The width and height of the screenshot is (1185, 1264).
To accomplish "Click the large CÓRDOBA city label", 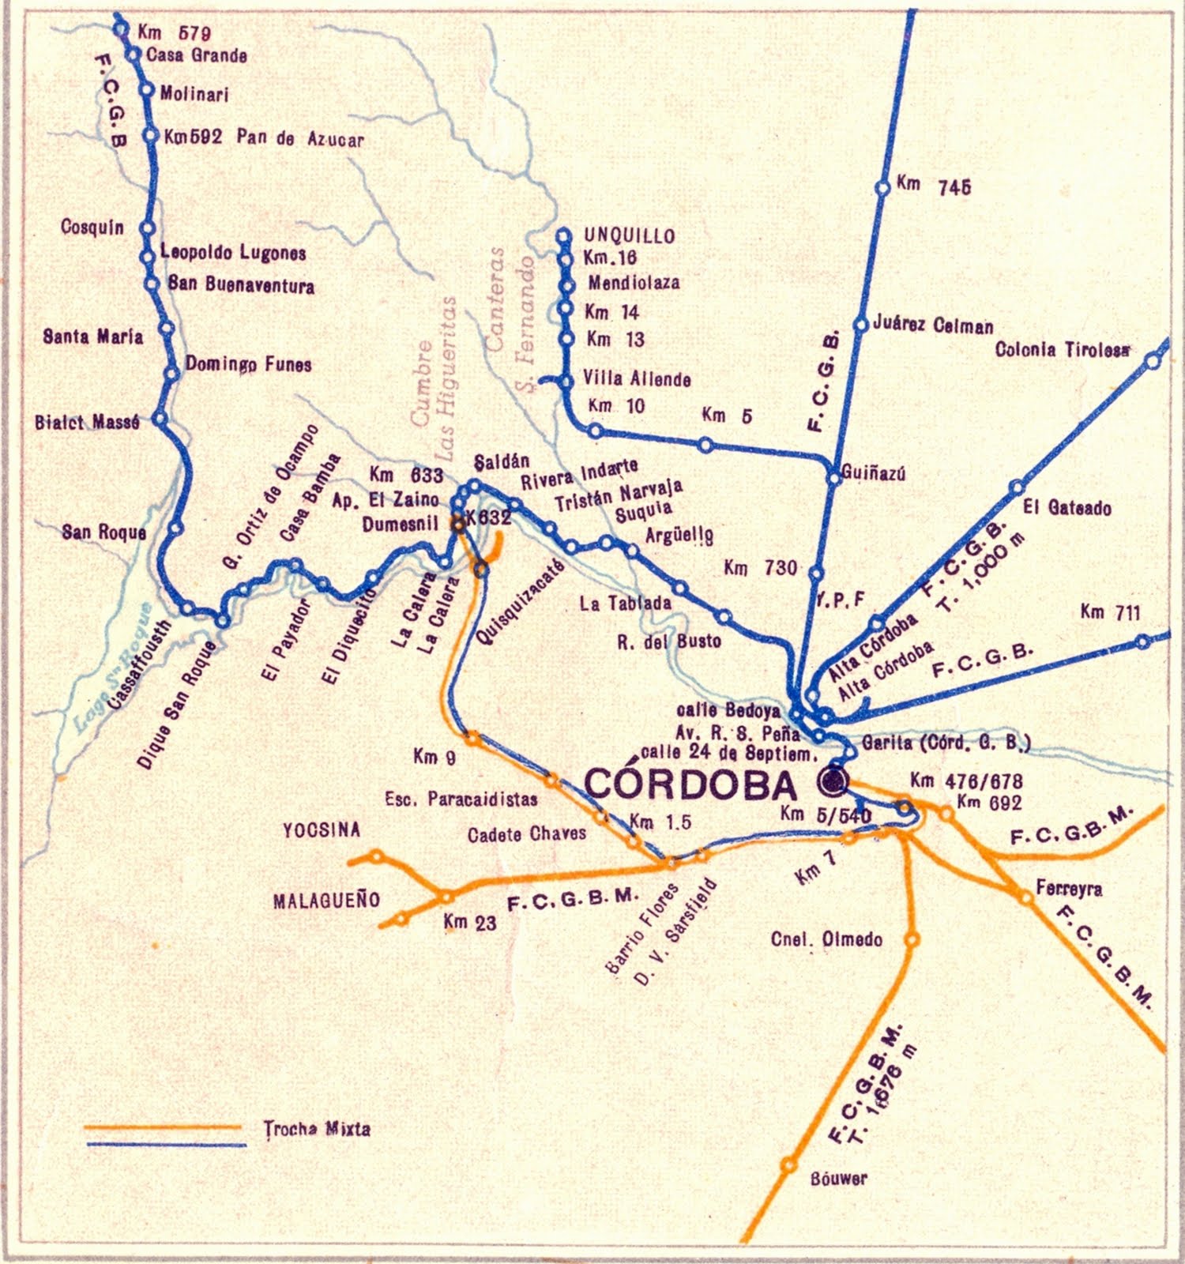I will tap(691, 785).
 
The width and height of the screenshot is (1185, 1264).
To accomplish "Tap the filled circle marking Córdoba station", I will tap(833, 781).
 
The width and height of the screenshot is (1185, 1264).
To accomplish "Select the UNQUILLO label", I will tap(629, 235).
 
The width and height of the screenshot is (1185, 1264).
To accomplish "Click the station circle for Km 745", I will tap(883, 188).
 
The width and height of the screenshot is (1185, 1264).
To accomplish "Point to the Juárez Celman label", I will tap(933, 325).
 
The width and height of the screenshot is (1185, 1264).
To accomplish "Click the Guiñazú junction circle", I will tap(833, 477).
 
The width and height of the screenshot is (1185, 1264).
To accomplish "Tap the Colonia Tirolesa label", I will tap(1062, 350).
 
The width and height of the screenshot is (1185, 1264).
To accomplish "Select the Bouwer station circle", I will tap(788, 1164).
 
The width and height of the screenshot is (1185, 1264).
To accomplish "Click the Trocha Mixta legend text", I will tap(317, 1129).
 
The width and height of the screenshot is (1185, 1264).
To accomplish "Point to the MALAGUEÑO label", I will tap(326, 900).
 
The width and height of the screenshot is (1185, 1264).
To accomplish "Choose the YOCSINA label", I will tap(322, 829).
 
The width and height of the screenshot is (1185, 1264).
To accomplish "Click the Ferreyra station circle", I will tap(1025, 897).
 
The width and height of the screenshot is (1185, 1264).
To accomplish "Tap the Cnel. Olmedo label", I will tap(826, 939).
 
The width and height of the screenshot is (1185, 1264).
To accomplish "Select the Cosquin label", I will tap(92, 228).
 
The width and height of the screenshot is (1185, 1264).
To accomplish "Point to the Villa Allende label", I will tap(637, 379).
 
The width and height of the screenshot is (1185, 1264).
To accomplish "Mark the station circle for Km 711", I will tap(1142, 641).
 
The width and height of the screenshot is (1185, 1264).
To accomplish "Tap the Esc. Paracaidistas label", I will tap(461, 799).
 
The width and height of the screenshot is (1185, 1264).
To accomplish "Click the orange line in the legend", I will tap(162, 1127).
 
